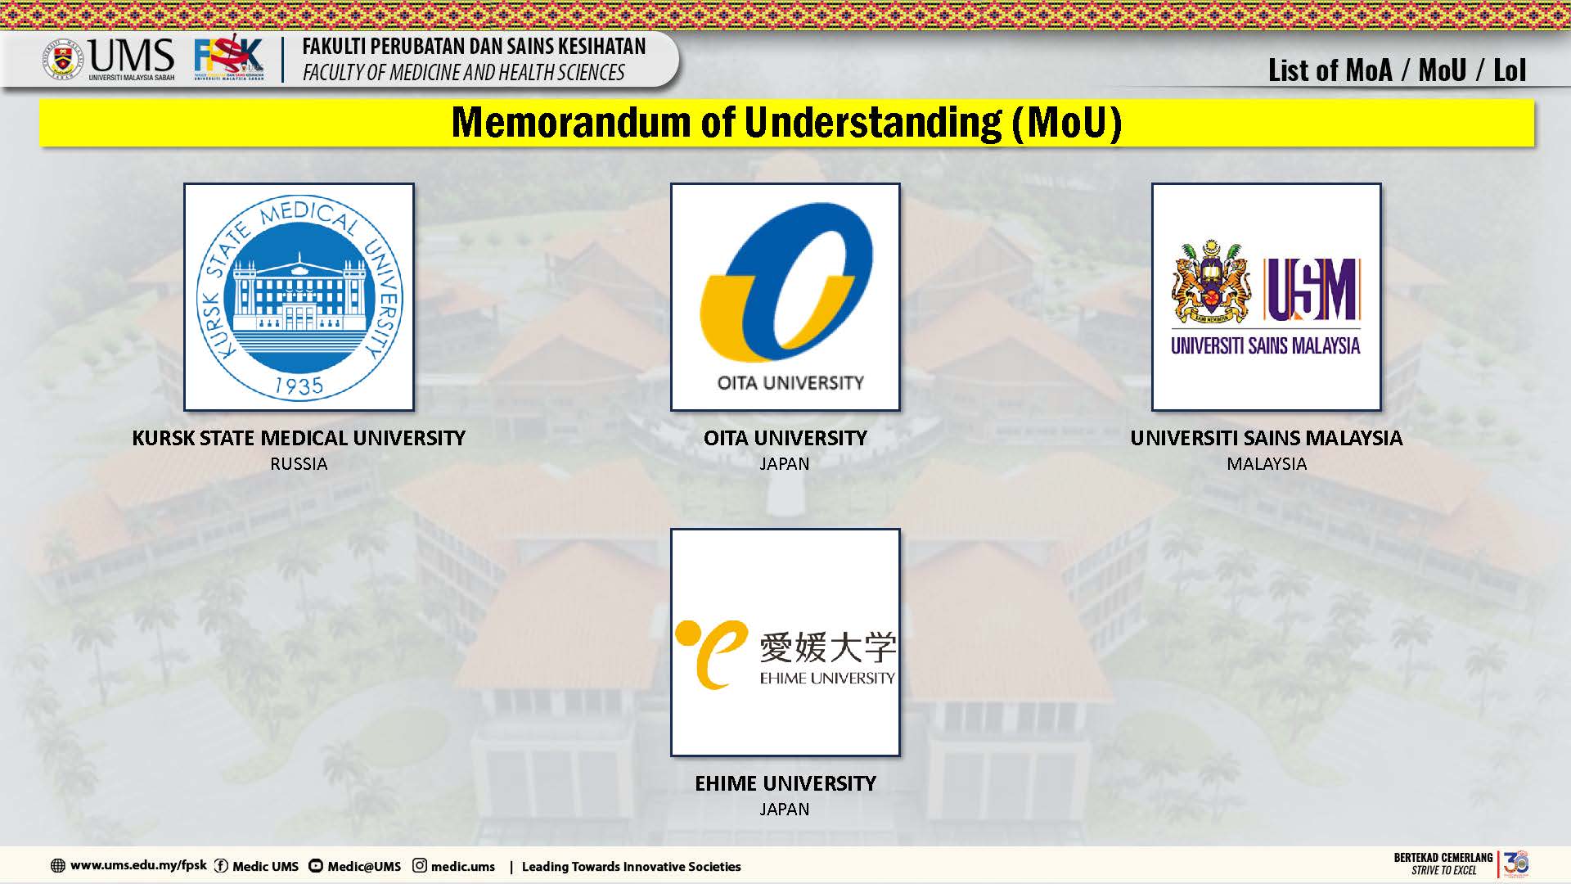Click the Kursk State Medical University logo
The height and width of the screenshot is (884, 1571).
pos(299,296)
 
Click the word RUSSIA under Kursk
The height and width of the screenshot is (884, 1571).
pos(299,464)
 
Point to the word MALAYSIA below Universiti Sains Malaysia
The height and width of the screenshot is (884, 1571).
pos(1267,464)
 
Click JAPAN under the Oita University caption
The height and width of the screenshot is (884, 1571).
pos(785,464)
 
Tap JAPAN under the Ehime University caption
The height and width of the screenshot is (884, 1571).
pos(785,810)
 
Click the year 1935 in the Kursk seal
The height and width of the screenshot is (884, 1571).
pos(299,386)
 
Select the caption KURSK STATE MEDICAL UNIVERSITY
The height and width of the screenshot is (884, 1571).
pos(299,438)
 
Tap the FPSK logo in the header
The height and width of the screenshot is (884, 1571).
pos(229,58)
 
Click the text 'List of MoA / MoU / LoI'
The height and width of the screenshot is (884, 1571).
pos(1397,71)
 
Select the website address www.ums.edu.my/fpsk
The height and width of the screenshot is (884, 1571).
pos(138,865)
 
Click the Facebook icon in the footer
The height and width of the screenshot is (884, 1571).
pos(221,866)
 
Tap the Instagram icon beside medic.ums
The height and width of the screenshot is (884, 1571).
pos(420,865)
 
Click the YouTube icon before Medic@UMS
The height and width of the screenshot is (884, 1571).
pos(316,866)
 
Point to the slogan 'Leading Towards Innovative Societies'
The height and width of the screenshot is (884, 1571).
pos(631,866)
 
